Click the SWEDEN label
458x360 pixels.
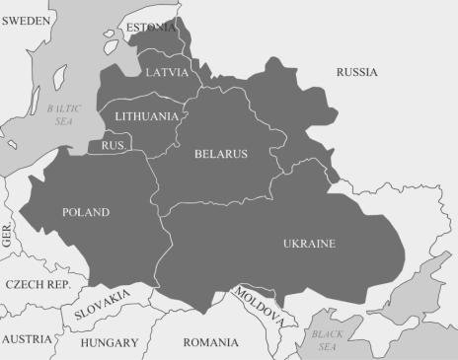click(26, 20)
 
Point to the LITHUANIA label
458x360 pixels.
click(146, 116)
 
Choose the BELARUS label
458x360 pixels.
click(220, 154)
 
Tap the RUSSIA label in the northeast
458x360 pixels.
click(357, 72)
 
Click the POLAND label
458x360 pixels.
click(86, 212)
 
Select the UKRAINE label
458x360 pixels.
click(309, 244)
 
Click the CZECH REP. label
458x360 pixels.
click(37, 284)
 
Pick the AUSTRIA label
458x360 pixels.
click(27, 339)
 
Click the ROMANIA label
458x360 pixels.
click(210, 343)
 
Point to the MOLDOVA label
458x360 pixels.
click(260, 306)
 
